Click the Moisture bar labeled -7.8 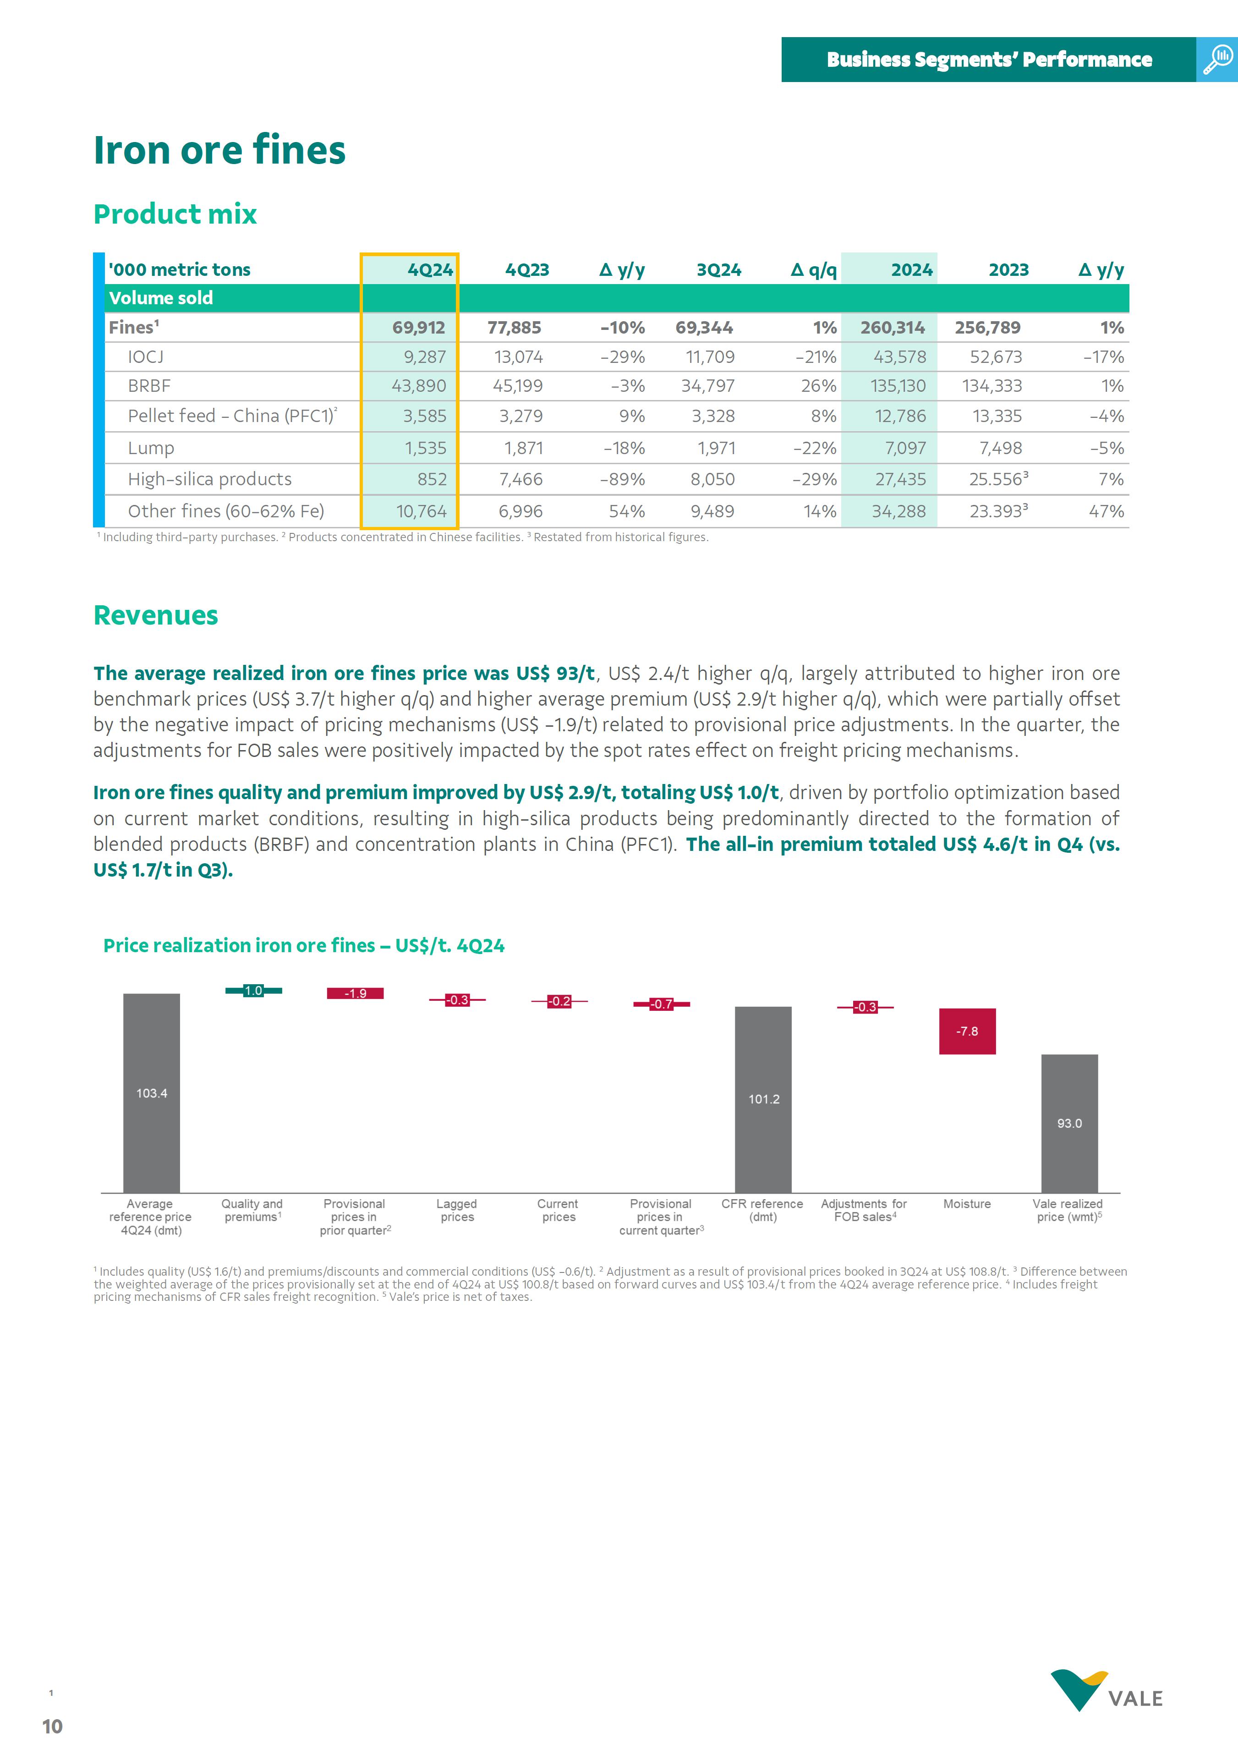pos(967,1031)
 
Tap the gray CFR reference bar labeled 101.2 pos(763,1099)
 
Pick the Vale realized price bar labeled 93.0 pos(1069,1123)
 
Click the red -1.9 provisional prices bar pos(355,993)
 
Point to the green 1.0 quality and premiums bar pos(253,990)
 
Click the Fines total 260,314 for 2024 pos(892,328)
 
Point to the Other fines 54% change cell pos(627,511)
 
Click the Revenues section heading pos(155,615)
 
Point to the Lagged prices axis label pos(457,1210)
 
